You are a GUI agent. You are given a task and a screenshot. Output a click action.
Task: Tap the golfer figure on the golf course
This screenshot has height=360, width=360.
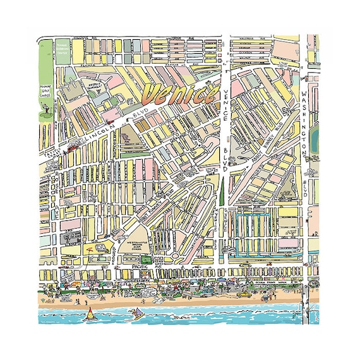point(45,114)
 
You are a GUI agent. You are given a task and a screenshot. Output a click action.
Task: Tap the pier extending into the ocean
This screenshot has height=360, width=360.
point(306,303)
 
